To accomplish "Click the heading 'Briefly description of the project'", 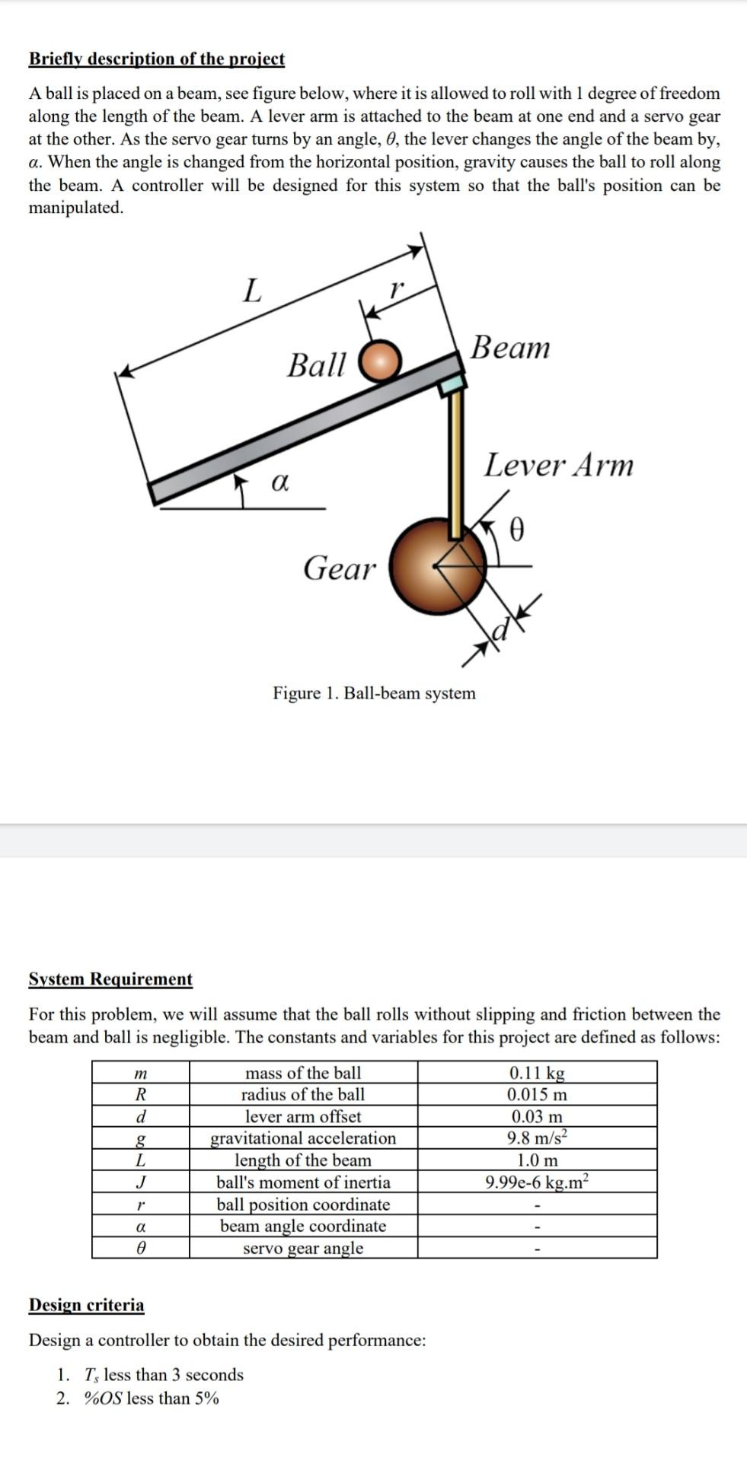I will (x=156, y=59).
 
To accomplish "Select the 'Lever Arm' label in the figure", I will (x=558, y=465).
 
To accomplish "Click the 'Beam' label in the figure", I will (x=509, y=347).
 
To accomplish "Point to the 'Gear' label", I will (x=339, y=568).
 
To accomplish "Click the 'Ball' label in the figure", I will (x=316, y=364).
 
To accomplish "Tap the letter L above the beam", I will (x=251, y=290).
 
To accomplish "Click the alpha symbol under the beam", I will (x=279, y=482).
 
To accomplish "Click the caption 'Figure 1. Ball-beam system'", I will (x=374, y=692).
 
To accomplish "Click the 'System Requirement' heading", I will (x=110, y=979).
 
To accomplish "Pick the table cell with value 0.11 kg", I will (x=537, y=1073).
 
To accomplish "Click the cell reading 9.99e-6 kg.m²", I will (x=537, y=1182).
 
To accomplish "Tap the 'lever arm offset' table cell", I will (x=303, y=1116).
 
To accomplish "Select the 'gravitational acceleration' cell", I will (x=303, y=1138).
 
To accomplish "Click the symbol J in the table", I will (x=140, y=1182).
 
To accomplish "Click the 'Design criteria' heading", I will (x=86, y=1305).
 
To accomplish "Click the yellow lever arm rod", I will (x=456, y=464).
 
